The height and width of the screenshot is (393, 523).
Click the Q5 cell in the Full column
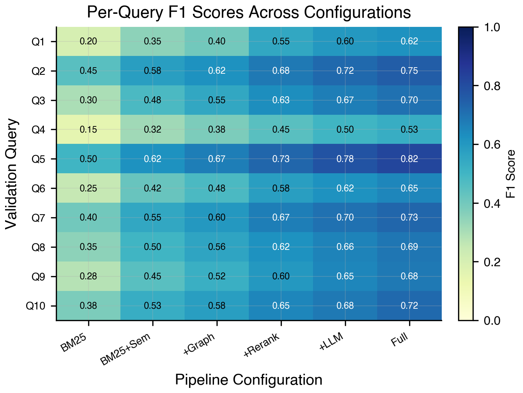pos(409,159)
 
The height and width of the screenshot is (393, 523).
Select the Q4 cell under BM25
pos(88,129)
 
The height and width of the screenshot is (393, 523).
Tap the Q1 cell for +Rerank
pos(281,41)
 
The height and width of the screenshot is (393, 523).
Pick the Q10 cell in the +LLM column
pos(345,305)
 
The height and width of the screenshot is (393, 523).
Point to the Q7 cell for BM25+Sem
pos(153,218)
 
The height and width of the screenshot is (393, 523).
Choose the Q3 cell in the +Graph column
pos(217,100)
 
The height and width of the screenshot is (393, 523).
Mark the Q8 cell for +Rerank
pos(281,247)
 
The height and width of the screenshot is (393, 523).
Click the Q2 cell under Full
pos(409,71)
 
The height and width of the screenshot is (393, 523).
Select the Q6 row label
pos(38,189)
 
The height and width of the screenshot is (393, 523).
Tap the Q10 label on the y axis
pos(36,306)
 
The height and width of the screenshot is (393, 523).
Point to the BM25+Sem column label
pos(125,350)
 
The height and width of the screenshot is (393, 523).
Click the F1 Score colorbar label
pos(510,174)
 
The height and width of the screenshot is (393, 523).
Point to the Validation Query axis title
pos(12,174)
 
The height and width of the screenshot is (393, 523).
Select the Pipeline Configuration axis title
pos(249,380)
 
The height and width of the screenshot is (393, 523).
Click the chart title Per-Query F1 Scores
pos(249,12)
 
